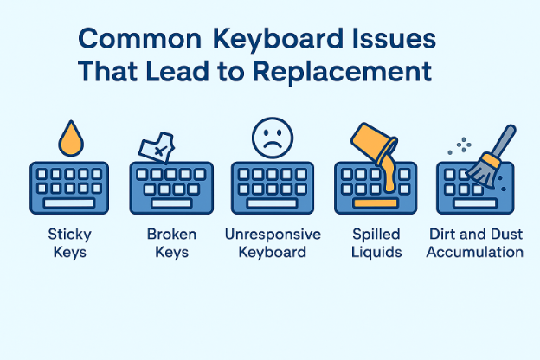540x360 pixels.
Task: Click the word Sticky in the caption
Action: [69, 235]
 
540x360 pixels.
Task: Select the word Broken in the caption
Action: [171, 235]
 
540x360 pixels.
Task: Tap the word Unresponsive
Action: [273, 235]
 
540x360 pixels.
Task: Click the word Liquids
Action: [376, 253]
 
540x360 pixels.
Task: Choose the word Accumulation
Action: [476, 253]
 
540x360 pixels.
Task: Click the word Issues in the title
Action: [384, 41]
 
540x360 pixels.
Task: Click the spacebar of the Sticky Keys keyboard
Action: [69, 201]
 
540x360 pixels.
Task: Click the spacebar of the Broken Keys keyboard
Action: [171, 201]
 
